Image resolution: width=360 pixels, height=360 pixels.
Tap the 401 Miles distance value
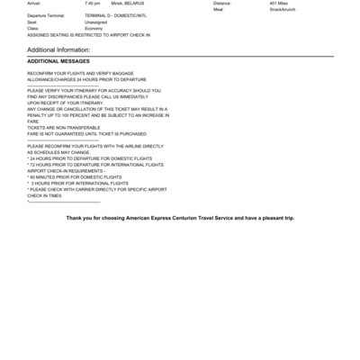279,4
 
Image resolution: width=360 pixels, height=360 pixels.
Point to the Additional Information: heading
58,49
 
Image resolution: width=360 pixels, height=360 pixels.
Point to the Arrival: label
34,4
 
